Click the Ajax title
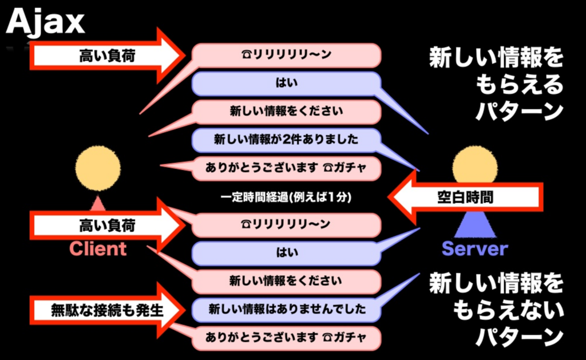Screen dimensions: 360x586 coord(46,23)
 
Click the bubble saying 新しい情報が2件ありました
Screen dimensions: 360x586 coord(286,139)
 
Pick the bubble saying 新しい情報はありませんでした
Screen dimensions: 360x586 coord(286,310)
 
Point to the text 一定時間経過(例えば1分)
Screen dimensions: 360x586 coord(286,197)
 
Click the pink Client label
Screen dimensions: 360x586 coord(98,248)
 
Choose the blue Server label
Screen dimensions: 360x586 coord(474,248)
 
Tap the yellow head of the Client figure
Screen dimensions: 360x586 coord(98,168)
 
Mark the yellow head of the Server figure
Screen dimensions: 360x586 coord(474,165)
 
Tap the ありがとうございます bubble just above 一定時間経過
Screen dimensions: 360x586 coord(286,168)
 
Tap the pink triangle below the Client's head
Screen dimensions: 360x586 coord(98,202)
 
